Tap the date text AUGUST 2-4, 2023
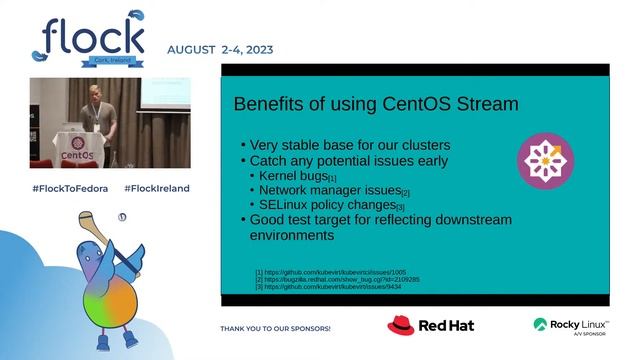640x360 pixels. pyautogui.click(x=220, y=49)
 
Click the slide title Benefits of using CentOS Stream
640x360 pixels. pyautogui.click(x=375, y=104)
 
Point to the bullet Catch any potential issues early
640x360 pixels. pyautogui.click(x=343, y=160)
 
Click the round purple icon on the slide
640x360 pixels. pyautogui.click(x=546, y=161)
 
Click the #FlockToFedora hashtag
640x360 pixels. pyautogui.click(x=70, y=188)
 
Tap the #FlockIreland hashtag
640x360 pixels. pyautogui.click(x=157, y=188)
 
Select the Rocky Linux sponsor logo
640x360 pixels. pyautogui.click(x=571, y=325)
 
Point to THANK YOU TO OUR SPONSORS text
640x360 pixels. pyautogui.click(x=275, y=328)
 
